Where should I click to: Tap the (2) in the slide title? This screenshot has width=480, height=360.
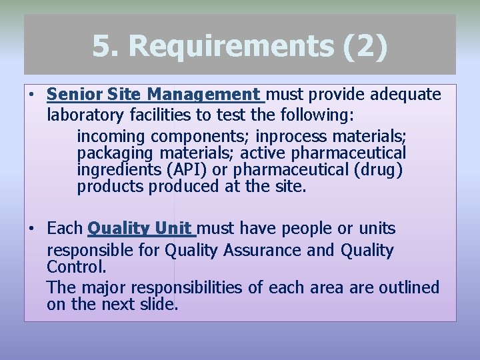(x=365, y=47)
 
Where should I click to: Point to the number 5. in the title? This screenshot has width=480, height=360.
(x=107, y=47)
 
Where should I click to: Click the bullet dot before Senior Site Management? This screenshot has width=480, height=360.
(x=31, y=95)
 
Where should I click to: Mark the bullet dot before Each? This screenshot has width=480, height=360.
(x=31, y=229)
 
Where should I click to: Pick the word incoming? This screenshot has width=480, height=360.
(x=111, y=137)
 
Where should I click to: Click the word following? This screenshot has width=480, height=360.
(x=317, y=115)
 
